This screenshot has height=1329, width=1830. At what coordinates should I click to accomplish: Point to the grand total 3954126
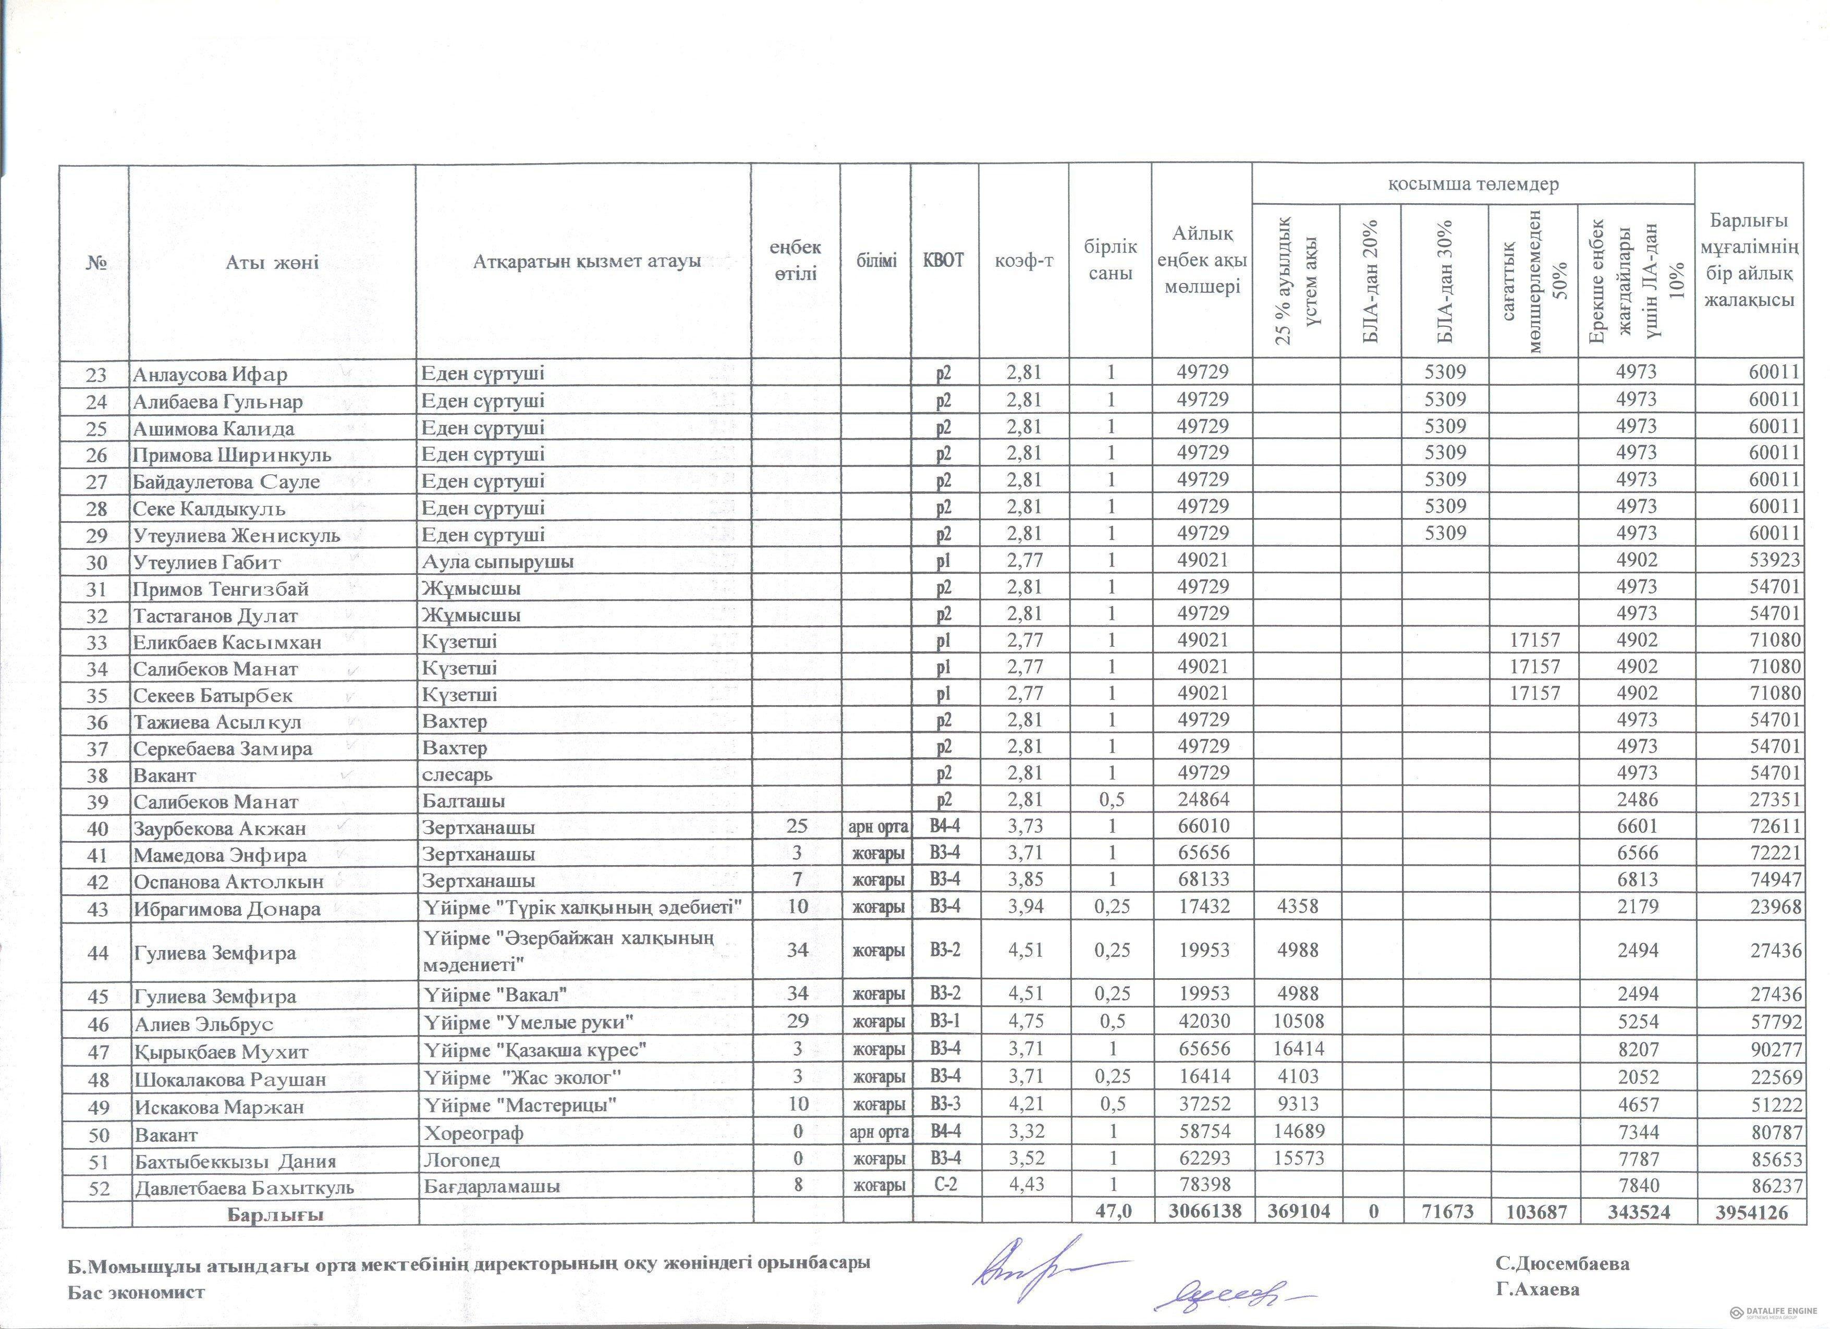coord(1748,1212)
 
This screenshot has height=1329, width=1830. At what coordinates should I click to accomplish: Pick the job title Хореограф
coord(473,1133)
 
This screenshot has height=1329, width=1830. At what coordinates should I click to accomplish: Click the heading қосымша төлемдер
coord(1472,184)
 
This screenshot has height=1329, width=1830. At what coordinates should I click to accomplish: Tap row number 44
coord(97,952)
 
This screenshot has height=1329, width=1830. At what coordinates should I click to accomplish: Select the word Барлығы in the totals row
coord(275,1214)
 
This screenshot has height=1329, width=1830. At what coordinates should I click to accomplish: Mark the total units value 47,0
coord(1111,1212)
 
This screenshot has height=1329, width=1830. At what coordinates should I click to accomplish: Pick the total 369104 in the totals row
coord(1294,1212)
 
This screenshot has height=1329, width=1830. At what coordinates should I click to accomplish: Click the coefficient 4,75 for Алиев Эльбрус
coord(1024,1021)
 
